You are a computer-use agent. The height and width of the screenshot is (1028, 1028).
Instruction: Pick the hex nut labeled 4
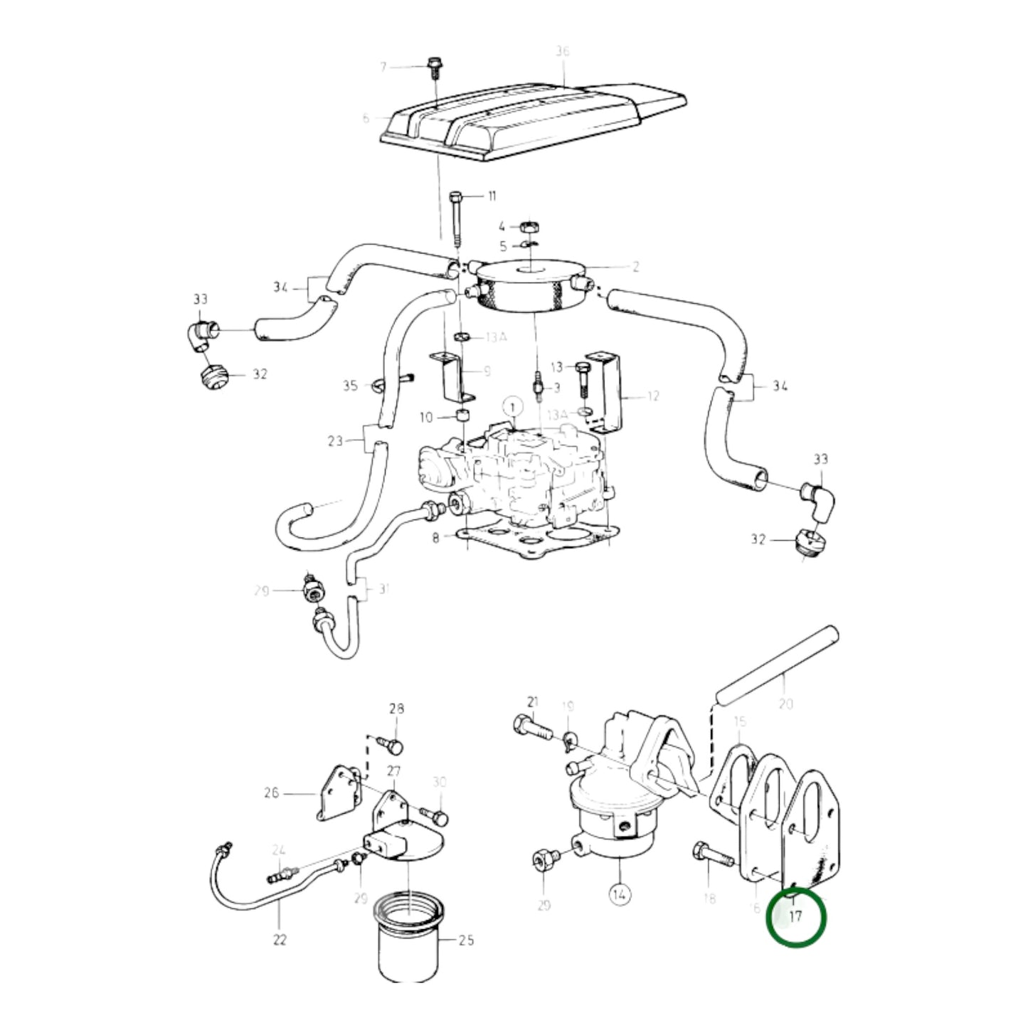[527, 228]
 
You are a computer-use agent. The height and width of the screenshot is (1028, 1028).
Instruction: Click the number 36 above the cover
[563, 52]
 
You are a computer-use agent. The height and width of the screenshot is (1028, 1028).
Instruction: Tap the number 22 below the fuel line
[280, 940]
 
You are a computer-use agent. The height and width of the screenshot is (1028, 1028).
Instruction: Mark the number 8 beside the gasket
[435, 539]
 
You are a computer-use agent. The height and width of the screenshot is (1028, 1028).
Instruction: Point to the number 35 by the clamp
[350, 386]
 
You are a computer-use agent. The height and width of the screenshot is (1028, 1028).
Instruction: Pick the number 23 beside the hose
[335, 441]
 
